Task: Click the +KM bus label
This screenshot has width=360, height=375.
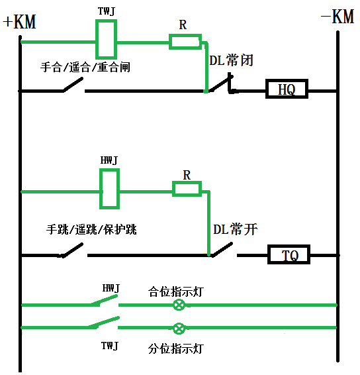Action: (x=19, y=21)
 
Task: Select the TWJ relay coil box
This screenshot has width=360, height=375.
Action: (x=107, y=39)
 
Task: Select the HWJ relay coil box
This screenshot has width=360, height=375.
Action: (x=109, y=189)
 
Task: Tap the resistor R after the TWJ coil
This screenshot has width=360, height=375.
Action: (x=185, y=42)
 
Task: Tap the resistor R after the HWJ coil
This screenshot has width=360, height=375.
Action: (x=187, y=189)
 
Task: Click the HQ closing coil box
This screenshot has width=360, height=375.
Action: (x=287, y=89)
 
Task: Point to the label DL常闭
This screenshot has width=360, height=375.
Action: (x=231, y=60)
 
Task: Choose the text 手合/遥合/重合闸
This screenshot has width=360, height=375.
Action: (x=84, y=66)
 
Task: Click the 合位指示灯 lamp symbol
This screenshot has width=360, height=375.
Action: (x=179, y=305)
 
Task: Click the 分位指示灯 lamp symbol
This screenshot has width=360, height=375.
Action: (x=179, y=328)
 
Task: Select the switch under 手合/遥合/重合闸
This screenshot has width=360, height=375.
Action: (x=73, y=86)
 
